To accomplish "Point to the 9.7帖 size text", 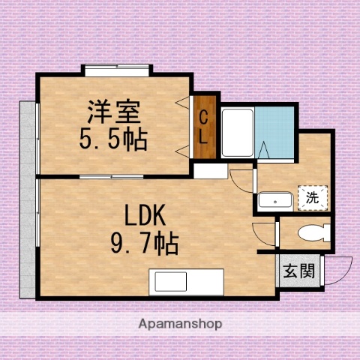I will (x=145, y=243).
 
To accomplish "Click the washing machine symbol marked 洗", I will (x=310, y=198).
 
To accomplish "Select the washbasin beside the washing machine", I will (x=274, y=200).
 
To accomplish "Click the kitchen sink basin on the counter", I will (x=170, y=283).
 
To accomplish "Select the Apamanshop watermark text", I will (x=180, y=325).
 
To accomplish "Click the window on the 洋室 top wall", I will (x=118, y=71).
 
